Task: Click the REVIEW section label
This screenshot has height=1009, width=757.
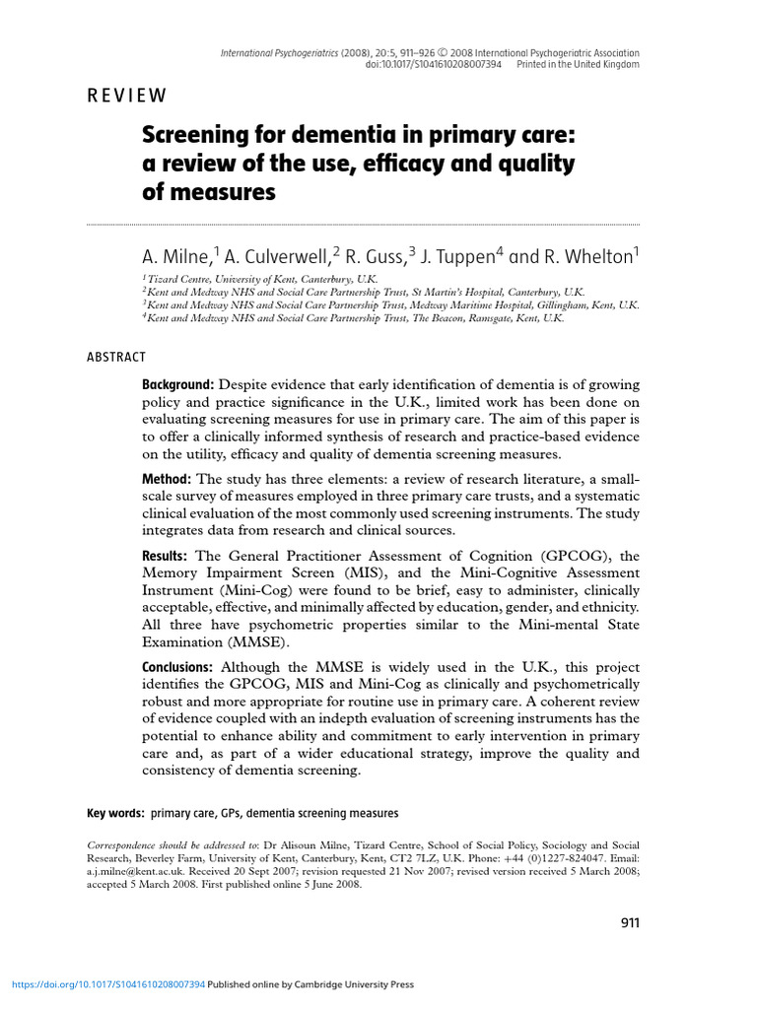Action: tap(127, 96)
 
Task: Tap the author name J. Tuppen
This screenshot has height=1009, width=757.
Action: tap(460, 257)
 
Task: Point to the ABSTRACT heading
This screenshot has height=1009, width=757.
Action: tap(116, 357)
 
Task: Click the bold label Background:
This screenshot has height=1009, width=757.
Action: tap(178, 383)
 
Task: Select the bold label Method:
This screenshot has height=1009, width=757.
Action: tap(172, 480)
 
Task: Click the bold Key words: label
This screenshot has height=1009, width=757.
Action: tap(116, 813)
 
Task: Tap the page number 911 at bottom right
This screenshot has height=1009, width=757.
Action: tap(630, 923)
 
